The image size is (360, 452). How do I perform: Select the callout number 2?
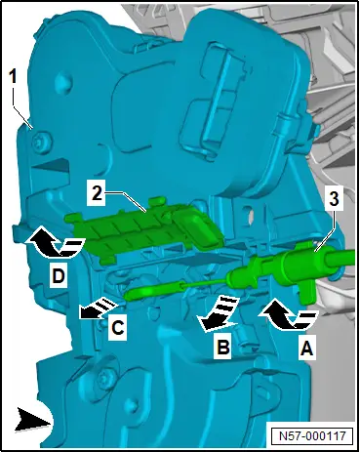(97, 194)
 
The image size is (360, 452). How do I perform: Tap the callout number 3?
(334, 199)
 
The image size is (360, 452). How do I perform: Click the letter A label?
(306, 349)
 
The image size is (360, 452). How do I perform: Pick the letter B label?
(222, 347)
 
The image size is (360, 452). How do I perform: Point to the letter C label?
(117, 328)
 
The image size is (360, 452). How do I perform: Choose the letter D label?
(59, 277)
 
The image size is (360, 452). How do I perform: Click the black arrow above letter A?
(288, 315)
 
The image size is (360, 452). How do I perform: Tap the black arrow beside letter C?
(98, 308)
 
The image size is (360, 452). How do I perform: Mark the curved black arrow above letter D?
(56, 241)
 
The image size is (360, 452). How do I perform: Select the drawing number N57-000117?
(312, 435)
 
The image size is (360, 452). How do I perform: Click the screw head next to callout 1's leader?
(41, 141)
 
